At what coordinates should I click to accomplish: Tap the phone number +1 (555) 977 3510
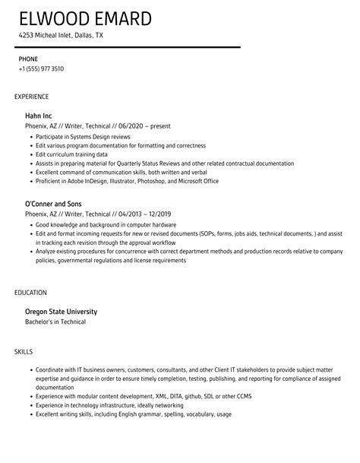tap(41, 68)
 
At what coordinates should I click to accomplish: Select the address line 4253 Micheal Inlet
tap(62, 35)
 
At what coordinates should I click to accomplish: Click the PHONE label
tap(28, 59)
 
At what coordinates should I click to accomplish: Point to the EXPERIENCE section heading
tap(32, 97)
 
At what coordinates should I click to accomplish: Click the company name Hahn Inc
tap(39, 116)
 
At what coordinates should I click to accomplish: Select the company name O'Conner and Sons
tap(55, 204)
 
